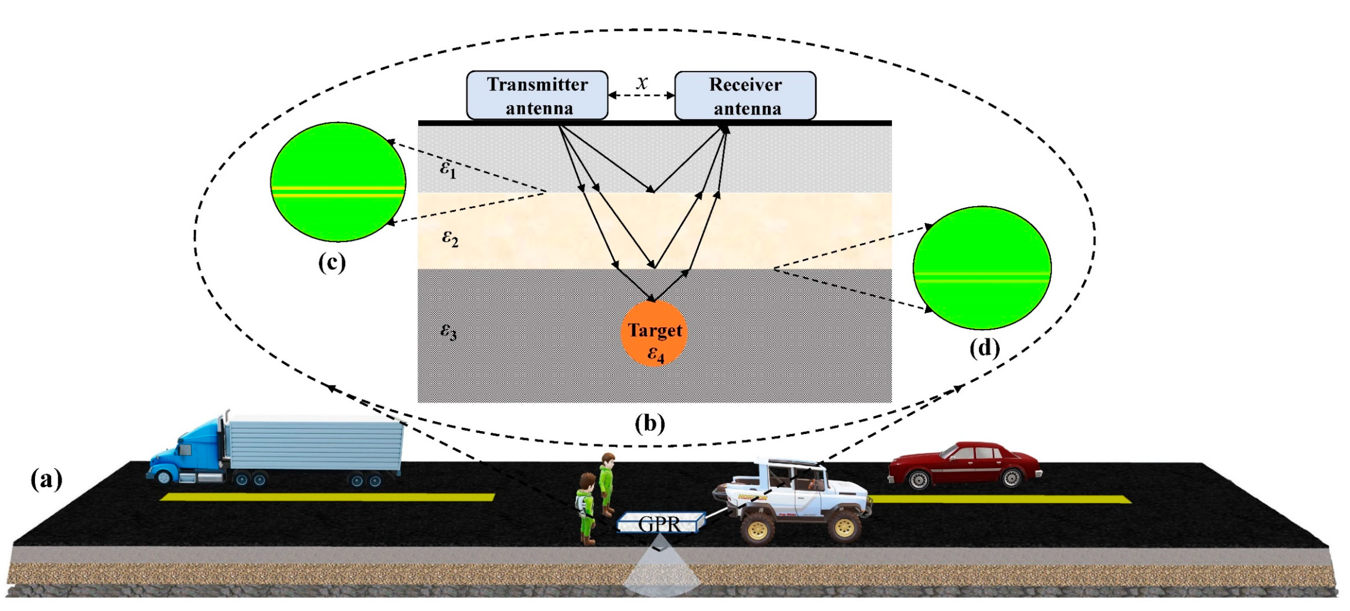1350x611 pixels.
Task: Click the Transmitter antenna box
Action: (x=537, y=96)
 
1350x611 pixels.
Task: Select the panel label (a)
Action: (x=46, y=479)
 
